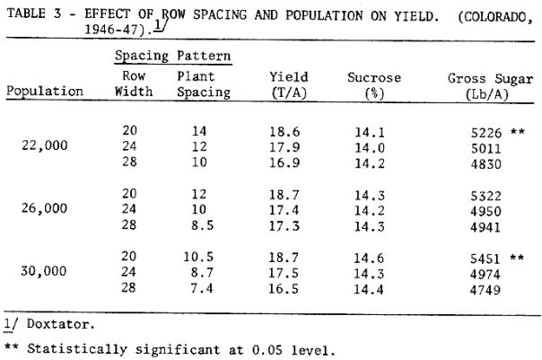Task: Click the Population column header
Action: click(45, 92)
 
